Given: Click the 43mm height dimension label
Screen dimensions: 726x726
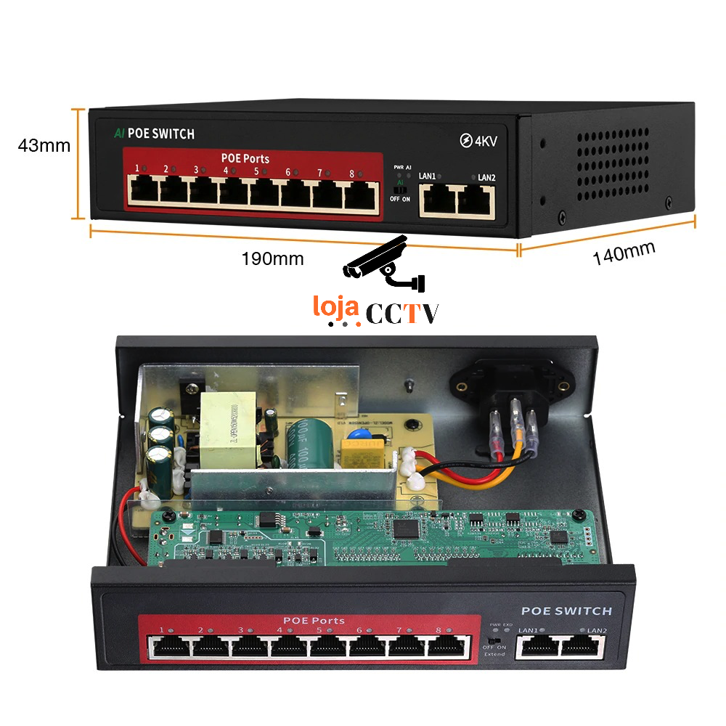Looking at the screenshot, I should (x=44, y=146).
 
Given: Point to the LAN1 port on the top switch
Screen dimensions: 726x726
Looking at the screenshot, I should (x=439, y=199).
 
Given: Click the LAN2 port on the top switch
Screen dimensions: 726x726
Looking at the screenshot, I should (x=476, y=199).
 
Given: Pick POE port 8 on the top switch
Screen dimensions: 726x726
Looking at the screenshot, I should (x=362, y=193).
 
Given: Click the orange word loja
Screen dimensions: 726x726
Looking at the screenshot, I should (x=336, y=306).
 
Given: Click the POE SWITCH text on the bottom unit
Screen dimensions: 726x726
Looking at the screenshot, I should (x=566, y=611).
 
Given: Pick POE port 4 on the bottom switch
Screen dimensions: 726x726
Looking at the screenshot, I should (x=288, y=645).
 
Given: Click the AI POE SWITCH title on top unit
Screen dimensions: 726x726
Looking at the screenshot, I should (x=154, y=134).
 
